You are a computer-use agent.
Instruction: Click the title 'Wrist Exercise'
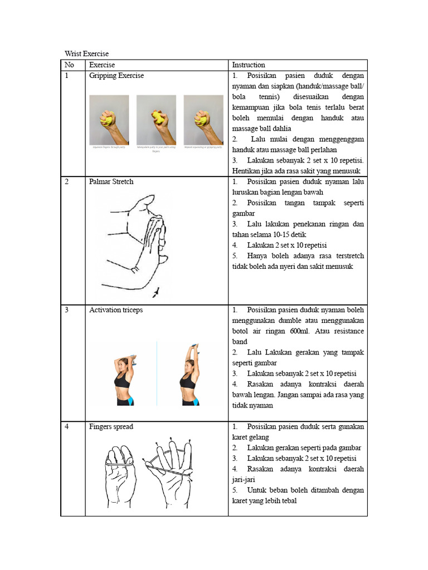tap(86, 53)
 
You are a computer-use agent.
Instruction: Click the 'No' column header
tap(70, 65)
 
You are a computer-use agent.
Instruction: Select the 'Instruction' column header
tap(249, 65)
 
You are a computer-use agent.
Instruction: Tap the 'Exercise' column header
tap(102, 65)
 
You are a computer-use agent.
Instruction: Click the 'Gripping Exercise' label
tap(116, 75)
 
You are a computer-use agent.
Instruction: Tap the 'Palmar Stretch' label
tap(111, 181)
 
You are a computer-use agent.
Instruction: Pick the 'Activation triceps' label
tap(116, 309)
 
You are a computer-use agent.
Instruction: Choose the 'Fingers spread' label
tap(111, 426)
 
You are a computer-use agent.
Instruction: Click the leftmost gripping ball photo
tap(109, 120)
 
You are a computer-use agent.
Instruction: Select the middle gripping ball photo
tap(156, 120)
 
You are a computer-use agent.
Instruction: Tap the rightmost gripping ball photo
tap(203, 120)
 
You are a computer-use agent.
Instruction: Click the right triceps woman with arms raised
tap(188, 376)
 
